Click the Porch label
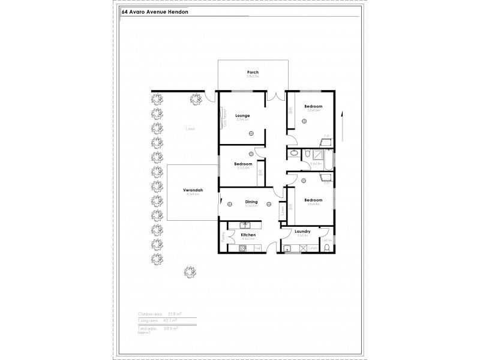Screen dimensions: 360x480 pyautogui.click(x=253, y=72)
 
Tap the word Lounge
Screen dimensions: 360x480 pyautogui.click(x=242, y=115)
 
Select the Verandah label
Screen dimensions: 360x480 pyautogui.click(x=193, y=190)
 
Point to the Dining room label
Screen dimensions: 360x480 pyautogui.click(x=251, y=202)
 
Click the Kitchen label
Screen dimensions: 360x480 pyautogui.click(x=248, y=235)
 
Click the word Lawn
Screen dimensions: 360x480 pyautogui.click(x=191, y=128)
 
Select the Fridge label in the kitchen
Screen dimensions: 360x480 pyautogui.click(x=257, y=248)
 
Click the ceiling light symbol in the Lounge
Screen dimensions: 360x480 pyautogui.click(x=243, y=133)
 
